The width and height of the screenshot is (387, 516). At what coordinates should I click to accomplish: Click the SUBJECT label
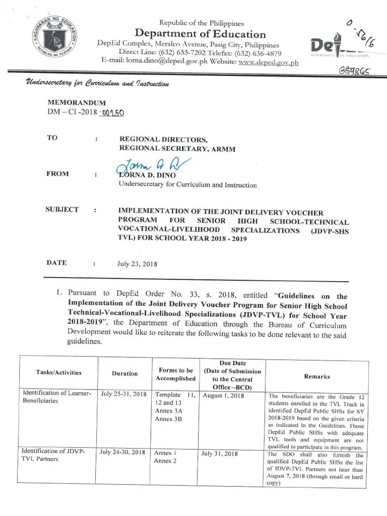pyautogui.click(x=62, y=210)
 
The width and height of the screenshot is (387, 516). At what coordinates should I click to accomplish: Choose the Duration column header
pyautogui.click(x=124, y=373)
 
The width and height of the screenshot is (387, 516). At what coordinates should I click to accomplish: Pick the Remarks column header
pyautogui.click(x=317, y=376)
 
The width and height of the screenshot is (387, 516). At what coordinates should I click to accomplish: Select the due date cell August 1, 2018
pyautogui.click(x=223, y=396)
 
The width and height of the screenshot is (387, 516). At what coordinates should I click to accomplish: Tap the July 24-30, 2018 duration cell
pyautogui.click(x=123, y=453)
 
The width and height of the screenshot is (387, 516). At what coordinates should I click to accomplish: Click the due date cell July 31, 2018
pyautogui.click(x=220, y=454)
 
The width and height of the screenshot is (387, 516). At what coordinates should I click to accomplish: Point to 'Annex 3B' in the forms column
pyautogui.click(x=168, y=419)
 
